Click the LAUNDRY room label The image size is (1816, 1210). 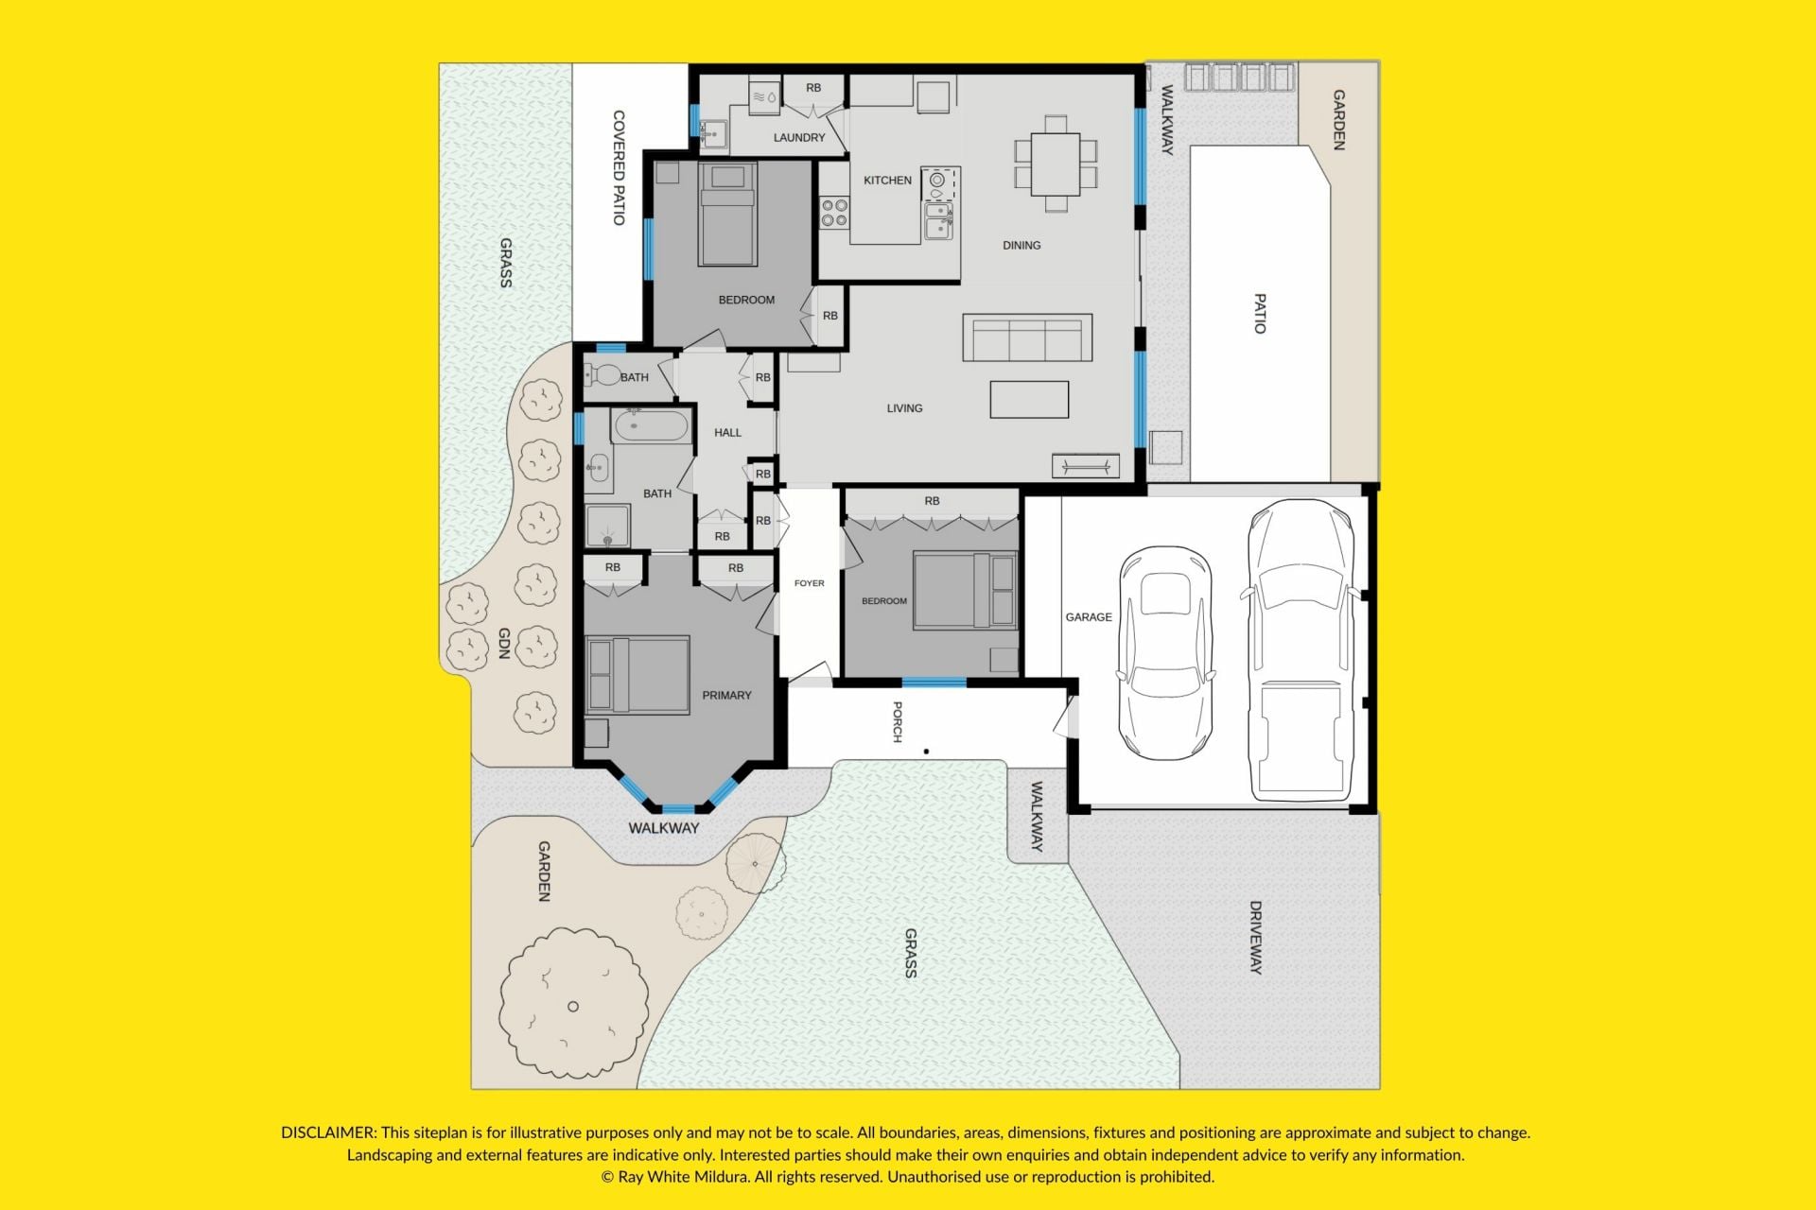click(x=799, y=137)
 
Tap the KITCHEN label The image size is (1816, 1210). click(x=887, y=180)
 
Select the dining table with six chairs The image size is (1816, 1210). click(x=1056, y=164)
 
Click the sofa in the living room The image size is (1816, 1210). click(x=1027, y=337)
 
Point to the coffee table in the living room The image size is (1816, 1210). click(x=1029, y=400)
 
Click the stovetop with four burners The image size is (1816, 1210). click(x=834, y=213)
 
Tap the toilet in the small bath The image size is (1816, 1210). click(x=602, y=376)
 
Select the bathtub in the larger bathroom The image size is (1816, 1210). click(x=651, y=426)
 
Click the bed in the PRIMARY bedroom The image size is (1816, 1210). click(x=637, y=675)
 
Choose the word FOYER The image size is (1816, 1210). click(x=809, y=583)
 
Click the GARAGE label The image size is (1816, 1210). click(x=1089, y=617)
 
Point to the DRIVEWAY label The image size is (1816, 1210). click(x=1256, y=937)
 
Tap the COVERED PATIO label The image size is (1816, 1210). click(x=619, y=168)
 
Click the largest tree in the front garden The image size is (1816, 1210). click(x=574, y=1004)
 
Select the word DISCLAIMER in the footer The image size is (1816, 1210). click(x=329, y=1132)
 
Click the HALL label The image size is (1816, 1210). click(x=727, y=433)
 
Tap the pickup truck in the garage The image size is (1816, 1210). click(x=1300, y=650)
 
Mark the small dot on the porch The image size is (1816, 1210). click(x=926, y=752)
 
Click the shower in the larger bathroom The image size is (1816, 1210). click(x=607, y=527)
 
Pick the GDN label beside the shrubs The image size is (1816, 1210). click(x=504, y=643)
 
